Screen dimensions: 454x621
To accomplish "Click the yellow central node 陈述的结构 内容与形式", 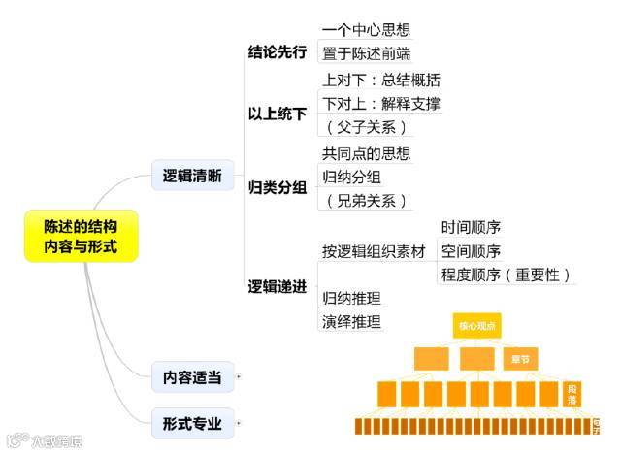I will point(82,236).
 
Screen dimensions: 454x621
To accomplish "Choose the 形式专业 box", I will point(192,423).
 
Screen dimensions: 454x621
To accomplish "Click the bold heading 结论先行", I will point(277,52).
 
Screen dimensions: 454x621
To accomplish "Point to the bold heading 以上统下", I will point(277,114).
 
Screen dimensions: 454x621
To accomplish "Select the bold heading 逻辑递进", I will point(277,286).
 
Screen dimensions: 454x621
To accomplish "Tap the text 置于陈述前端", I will point(366,53).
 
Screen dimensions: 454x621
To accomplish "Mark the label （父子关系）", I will point(365,127).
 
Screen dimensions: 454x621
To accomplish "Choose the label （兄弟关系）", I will point(365,201).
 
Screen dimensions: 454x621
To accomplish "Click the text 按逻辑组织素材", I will point(374,251).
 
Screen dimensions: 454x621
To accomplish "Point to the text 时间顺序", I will point(471,228).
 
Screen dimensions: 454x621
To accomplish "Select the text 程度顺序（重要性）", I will point(506,275).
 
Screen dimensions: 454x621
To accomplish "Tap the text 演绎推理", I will point(351,321).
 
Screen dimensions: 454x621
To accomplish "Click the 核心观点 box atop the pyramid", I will point(476,326).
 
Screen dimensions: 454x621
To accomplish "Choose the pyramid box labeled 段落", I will point(572,393).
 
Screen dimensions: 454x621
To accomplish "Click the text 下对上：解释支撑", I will point(380,103).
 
